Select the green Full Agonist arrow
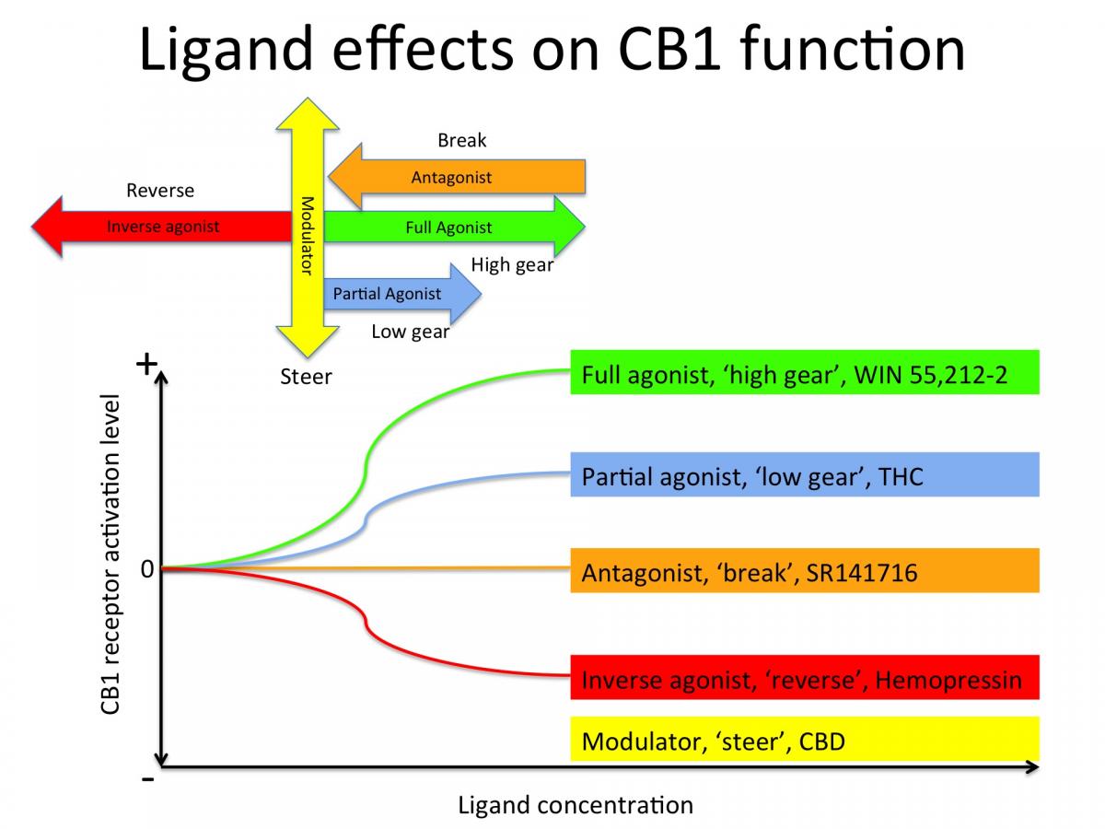[x=449, y=228]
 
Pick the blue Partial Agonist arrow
[x=388, y=294]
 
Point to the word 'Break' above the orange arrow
[x=461, y=141]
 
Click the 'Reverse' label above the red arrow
[x=160, y=191]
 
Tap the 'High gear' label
[x=512, y=265]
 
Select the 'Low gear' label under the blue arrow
[x=410, y=332]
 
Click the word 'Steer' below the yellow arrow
[x=306, y=377]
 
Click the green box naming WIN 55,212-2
[x=804, y=372]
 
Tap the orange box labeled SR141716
[x=804, y=571]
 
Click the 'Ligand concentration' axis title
[x=575, y=805]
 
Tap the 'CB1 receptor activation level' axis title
[x=110, y=555]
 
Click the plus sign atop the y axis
[x=145, y=365]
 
